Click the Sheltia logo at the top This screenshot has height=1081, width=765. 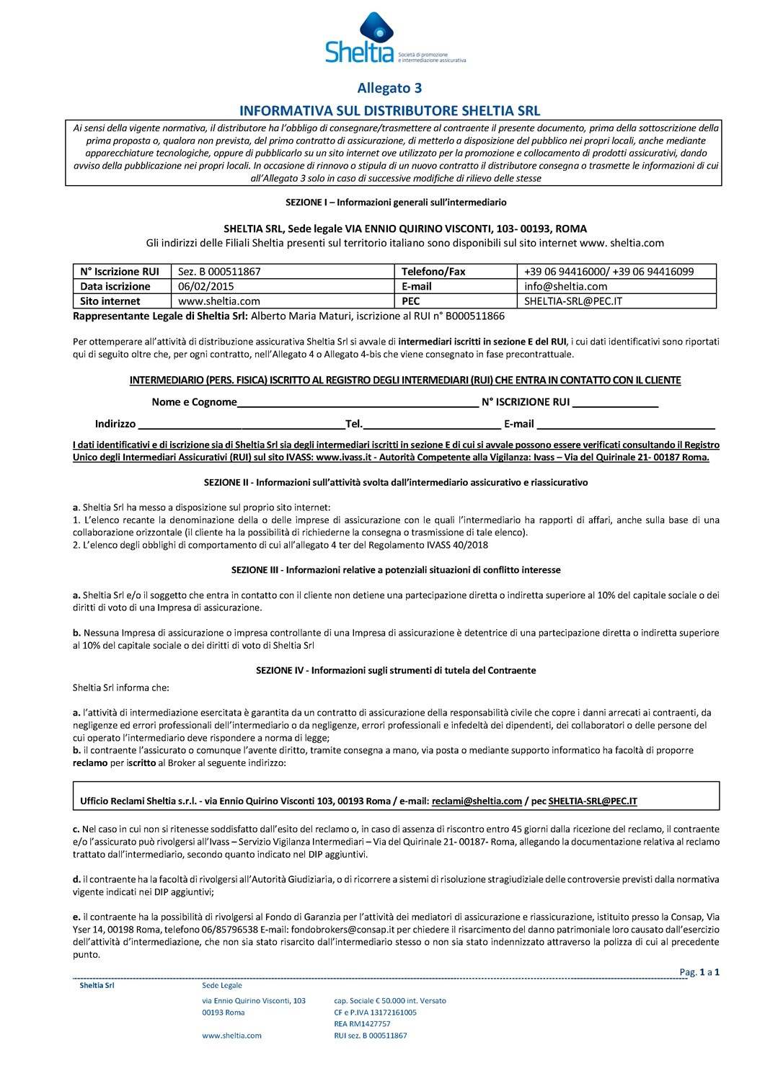point(382,37)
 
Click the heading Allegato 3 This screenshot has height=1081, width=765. point(389,89)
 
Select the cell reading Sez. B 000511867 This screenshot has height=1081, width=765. point(219,272)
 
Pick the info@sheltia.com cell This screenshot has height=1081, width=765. point(566,286)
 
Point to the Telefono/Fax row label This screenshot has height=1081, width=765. point(433,272)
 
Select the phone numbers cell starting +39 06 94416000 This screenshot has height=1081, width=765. point(609,272)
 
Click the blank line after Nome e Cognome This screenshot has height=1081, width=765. point(358,404)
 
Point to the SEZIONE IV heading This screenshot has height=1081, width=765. point(396,670)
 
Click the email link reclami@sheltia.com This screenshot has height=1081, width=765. point(477,801)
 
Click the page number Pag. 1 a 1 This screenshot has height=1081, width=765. point(699,972)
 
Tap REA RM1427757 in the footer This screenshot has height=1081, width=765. point(362,1023)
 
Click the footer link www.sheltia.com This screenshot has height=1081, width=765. point(231,1036)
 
